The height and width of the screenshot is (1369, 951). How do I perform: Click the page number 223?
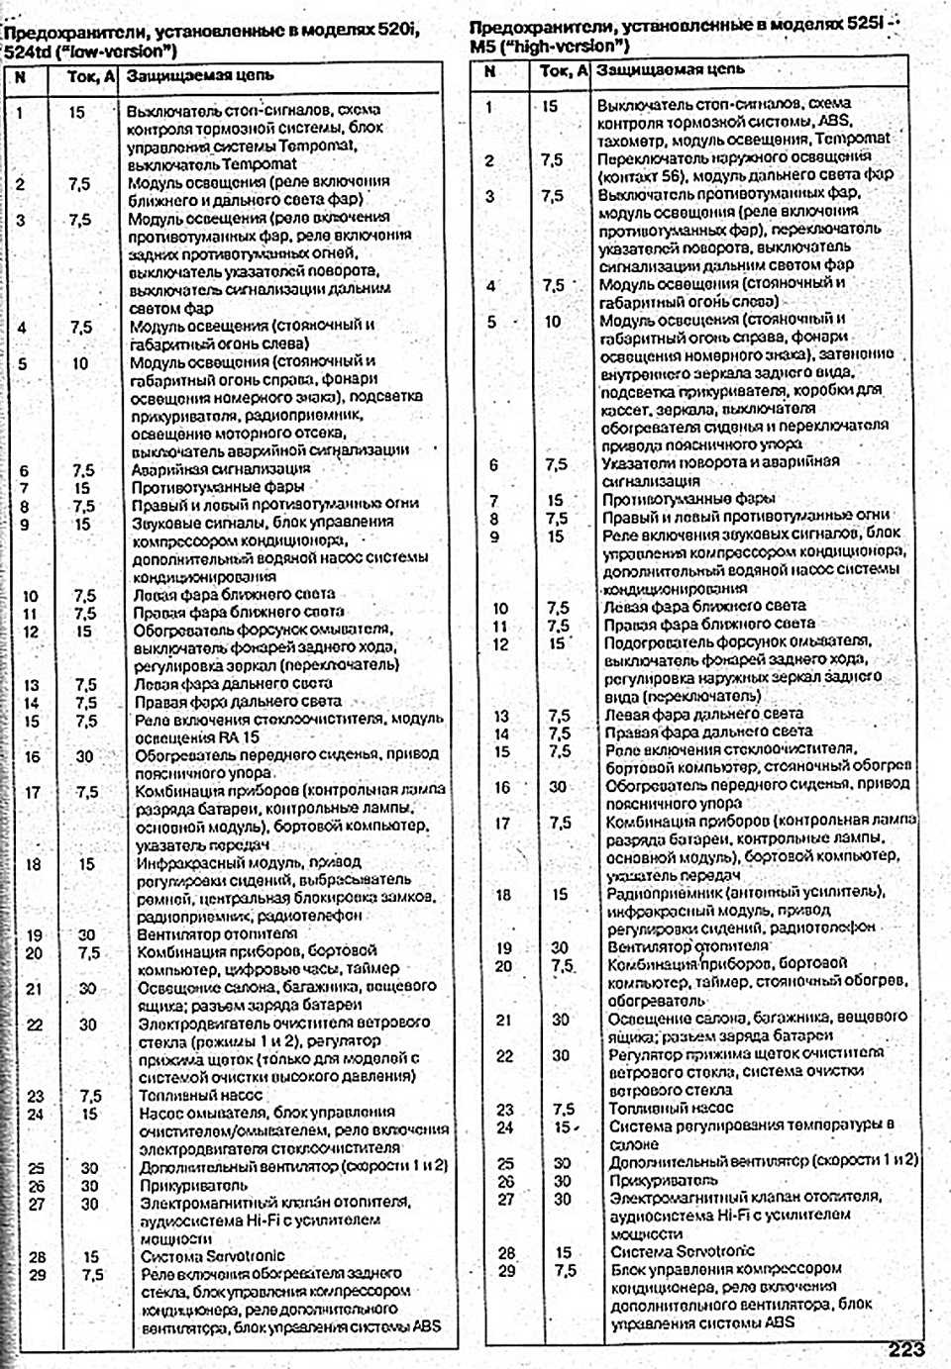point(905,1348)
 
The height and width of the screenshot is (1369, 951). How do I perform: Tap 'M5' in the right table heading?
point(482,47)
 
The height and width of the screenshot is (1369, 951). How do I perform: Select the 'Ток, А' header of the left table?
point(90,76)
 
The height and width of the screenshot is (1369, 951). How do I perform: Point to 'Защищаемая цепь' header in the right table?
point(670,70)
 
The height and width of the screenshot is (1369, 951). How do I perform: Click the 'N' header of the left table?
point(22,76)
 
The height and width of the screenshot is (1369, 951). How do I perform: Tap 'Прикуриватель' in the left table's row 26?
point(194,1185)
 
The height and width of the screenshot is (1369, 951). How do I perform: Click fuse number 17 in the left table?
point(33,792)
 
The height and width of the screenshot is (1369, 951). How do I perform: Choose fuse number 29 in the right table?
point(506,1270)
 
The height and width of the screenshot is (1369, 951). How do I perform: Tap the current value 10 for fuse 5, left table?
point(79,363)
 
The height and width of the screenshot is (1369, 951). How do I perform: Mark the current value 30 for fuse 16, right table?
point(559,787)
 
